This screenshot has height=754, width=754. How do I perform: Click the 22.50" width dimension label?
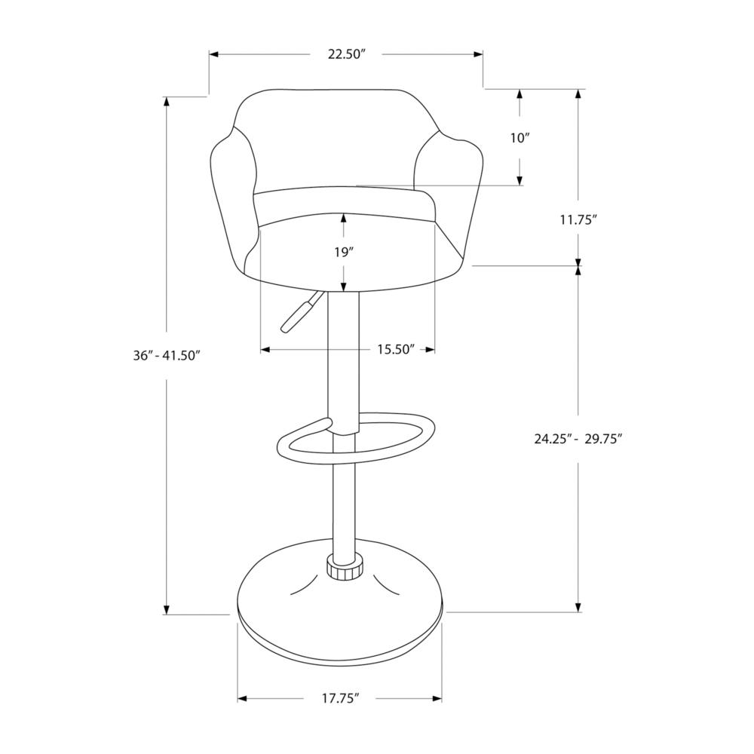(x=345, y=54)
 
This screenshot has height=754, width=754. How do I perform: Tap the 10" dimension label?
(x=520, y=138)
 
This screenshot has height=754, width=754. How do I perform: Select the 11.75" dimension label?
(x=578, y=220)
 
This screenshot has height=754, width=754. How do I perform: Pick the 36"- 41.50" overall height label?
(x=165, y=356)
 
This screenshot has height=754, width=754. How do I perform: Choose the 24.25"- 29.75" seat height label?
(x=578, y=439)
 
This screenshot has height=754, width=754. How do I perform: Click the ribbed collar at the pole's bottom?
(x=345, y=569)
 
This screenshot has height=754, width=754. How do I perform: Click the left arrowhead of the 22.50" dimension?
(x=213, y=54)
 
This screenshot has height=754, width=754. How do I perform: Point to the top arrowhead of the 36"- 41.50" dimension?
(x=165, y=101)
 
